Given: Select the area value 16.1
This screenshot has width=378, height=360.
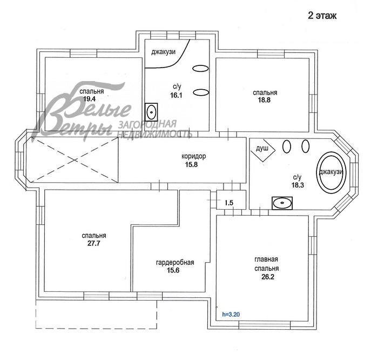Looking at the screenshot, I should (x=176, y=95).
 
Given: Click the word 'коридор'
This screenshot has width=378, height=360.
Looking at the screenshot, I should (x=194, y=157).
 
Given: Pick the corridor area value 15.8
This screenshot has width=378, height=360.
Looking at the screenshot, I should (x=194, y=164).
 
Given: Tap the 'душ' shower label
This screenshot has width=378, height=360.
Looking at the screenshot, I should (x=262, y=148).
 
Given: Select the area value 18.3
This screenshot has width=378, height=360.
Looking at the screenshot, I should (x=297, y=184).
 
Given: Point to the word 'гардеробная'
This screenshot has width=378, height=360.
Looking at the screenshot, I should (x=174, y=263).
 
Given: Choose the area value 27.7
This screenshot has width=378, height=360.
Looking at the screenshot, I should (x=93, y=244).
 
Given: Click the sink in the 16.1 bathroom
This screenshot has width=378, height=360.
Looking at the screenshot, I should (x=152, y=112).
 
